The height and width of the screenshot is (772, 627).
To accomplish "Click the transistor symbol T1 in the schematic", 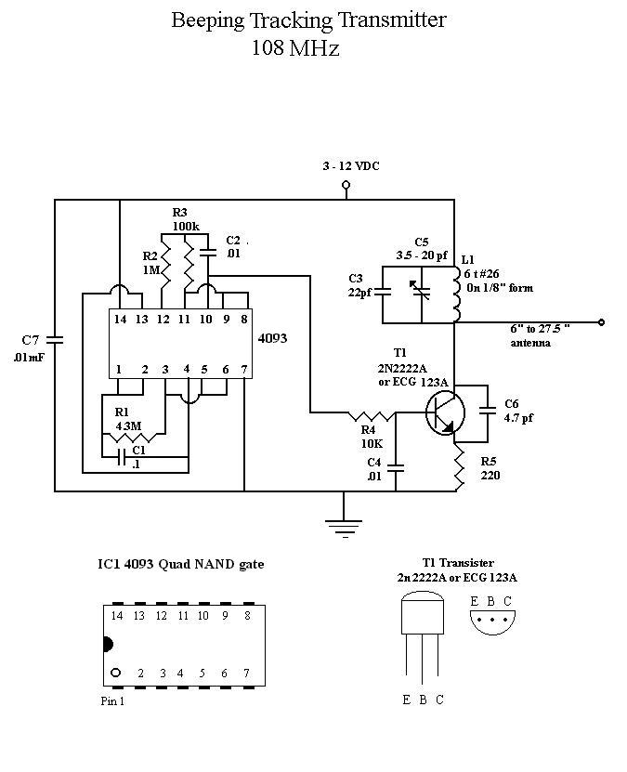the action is point(445,412).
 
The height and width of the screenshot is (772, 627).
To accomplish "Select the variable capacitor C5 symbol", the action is point(422,292).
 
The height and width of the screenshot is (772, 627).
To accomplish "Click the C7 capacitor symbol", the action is point(55,339).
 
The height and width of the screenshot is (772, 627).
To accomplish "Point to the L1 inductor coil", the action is point(456,294).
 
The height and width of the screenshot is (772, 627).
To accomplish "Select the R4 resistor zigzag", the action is point(372,416).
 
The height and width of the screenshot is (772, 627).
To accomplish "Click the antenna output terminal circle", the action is point(601,322).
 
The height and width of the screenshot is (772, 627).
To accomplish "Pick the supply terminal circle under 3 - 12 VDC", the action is point(346,185).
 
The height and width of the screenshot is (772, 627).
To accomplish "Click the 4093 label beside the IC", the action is point(273,338).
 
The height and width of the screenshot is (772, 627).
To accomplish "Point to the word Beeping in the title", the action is point(207,20).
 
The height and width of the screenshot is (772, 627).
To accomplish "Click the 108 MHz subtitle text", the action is point(295,48).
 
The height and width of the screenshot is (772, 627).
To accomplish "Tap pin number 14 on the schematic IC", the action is point(120,319).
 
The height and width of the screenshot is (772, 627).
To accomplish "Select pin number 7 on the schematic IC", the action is point(244,369).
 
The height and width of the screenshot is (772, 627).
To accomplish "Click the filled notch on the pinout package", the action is point(108,644).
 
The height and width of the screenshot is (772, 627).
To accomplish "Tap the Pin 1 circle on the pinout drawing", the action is point(116,673).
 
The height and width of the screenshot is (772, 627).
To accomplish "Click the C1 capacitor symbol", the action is point(121,456).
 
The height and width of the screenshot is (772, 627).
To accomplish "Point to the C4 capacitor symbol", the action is point(395,467).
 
